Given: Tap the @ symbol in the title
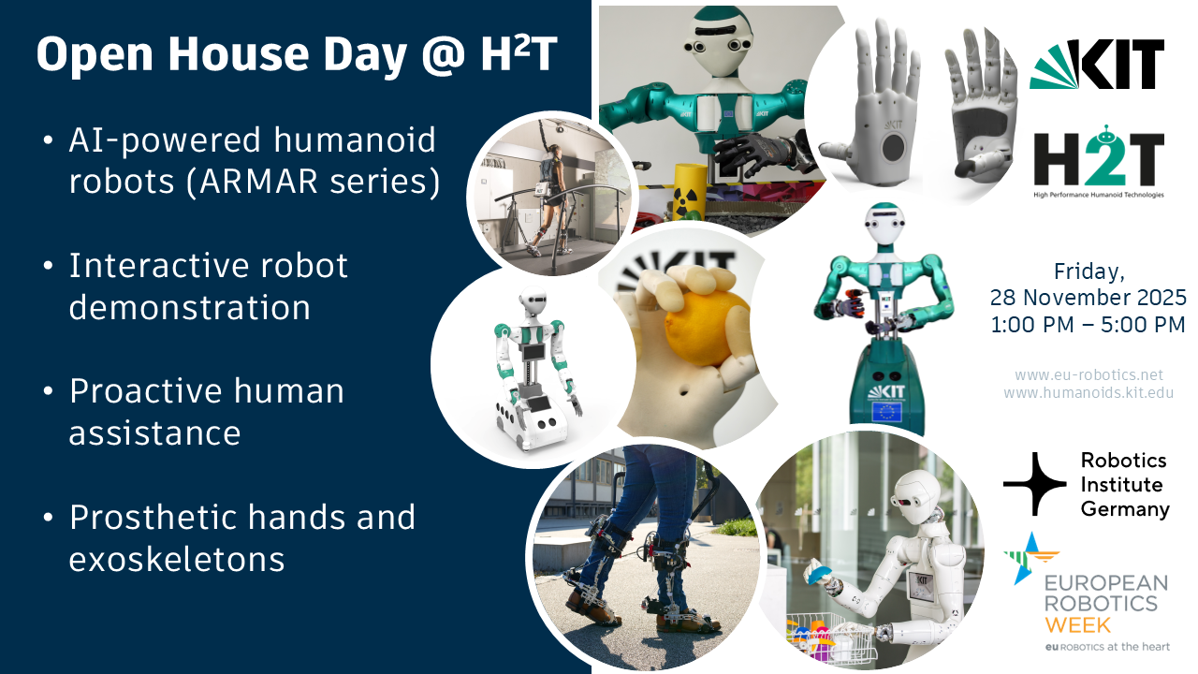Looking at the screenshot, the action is tap(444, 55).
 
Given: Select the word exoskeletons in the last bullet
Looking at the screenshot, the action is tap(177, 559).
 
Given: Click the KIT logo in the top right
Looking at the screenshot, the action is tap(1097, 65).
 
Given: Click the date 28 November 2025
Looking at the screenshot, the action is tap(1088, 298).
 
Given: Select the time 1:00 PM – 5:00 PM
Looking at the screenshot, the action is tap(1088, 325).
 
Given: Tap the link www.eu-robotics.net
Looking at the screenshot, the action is tap(1088, 374).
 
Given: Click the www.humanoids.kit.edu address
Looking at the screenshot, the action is tap(1088, 393).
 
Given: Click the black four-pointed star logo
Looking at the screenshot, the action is tap(1035, 484).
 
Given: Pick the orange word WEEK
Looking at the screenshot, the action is tap(1077, 625).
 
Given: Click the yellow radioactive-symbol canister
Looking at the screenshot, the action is tap(689, 191).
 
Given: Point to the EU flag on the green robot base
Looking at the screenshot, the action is tap(886, 413).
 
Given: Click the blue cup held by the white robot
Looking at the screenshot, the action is tap(816, 574).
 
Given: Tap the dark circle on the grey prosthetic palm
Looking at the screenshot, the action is tap(893, 148).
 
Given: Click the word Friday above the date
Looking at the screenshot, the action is tap(1088, 272).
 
